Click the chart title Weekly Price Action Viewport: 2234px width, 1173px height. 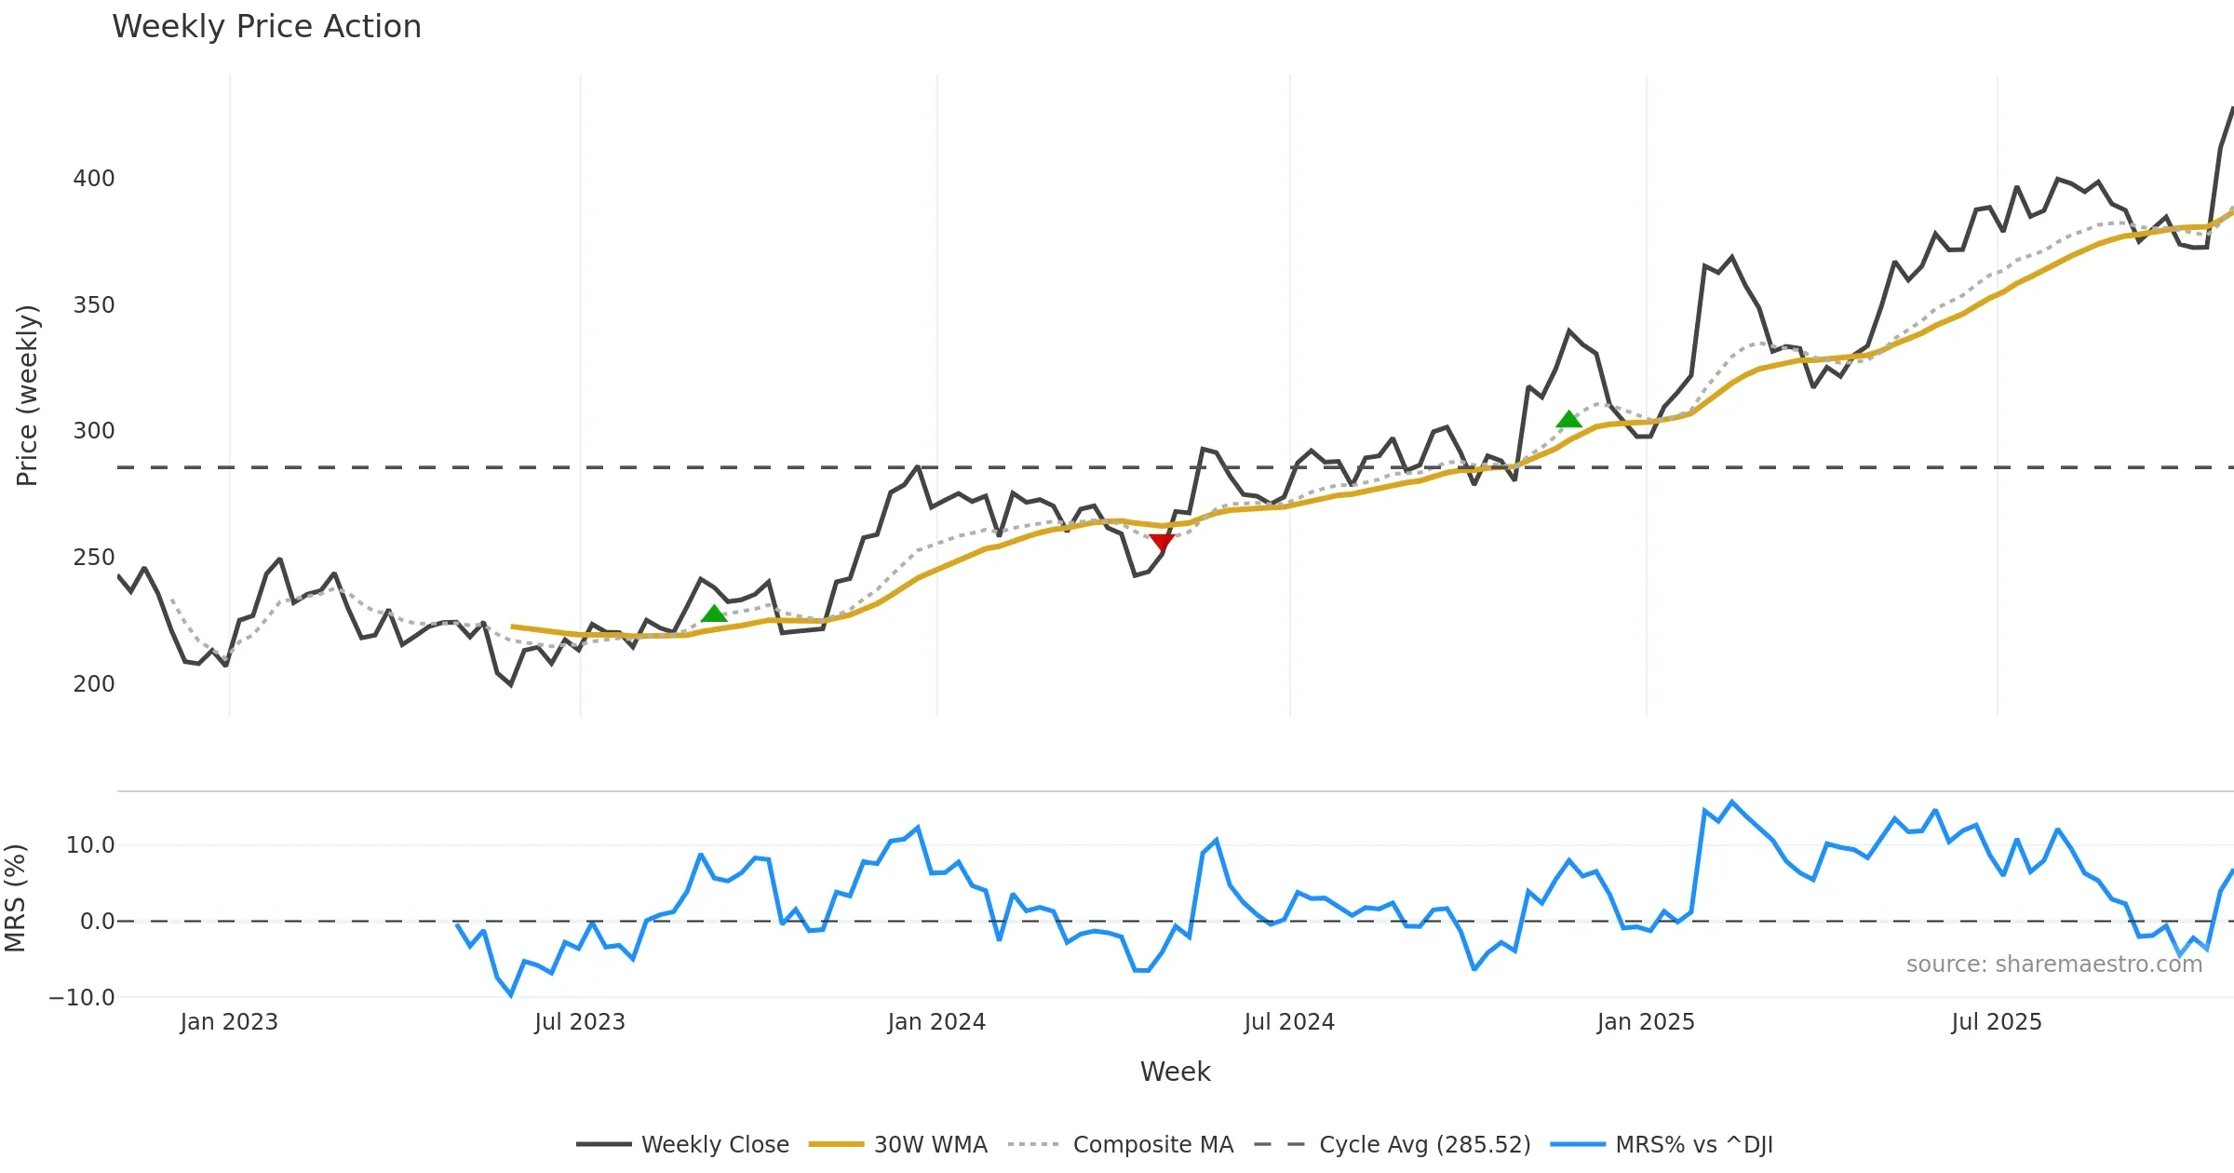[x=266, y=27]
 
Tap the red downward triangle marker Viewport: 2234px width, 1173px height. [x=1162, y=542]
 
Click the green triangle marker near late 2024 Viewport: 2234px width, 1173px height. [x=1568, y=419]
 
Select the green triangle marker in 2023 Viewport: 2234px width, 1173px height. [x=714, y=613]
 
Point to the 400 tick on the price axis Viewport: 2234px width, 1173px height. [x=93, y=178]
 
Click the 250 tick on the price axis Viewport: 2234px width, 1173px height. [x=93, y=557]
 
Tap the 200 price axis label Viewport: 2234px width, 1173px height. [x=93, y=683]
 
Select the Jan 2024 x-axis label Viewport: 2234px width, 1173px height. [x=936, y=1021]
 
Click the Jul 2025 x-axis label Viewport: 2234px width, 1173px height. [x=1997, y=1021]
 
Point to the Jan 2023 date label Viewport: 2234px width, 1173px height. [x=229, y=1021]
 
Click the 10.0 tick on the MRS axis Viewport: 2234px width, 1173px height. [x=90, y=844]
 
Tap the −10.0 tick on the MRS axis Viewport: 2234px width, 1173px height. [x=82, y=997]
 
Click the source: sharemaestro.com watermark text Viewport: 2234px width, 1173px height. [x=2054, y=964]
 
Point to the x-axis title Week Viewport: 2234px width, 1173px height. [x=1175, y=1072]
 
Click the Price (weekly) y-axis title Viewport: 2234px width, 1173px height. [x=27, y=395]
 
